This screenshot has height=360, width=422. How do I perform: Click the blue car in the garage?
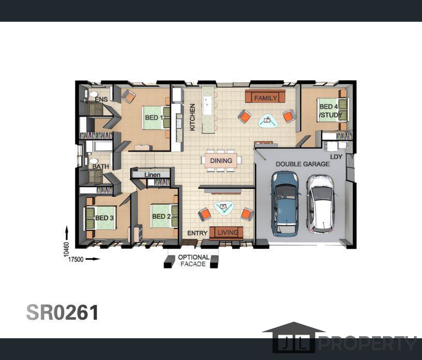pos(285,204)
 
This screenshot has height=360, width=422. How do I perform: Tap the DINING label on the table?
pos(221,161)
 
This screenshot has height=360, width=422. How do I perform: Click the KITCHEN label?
pos(192,117)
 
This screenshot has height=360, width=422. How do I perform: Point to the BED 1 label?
pos(154,117)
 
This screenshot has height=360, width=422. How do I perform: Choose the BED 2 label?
pos(161,217)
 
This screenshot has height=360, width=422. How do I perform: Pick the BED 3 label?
pos(104,218)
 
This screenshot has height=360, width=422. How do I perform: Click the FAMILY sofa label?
pos(266,98)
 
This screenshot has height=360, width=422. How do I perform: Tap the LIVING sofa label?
pos(228,232)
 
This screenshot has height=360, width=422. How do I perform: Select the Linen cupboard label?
pos(153,175)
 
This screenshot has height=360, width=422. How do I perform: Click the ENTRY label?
pos(197,233)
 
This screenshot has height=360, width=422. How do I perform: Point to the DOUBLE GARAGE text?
pos(303,164)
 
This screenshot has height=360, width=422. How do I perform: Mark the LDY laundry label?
pos(336,157)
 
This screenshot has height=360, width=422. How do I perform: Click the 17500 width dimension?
pos(76,260)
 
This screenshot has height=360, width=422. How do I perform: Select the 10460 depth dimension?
pos(67,249)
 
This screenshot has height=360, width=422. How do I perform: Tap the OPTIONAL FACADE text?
pos(193,261)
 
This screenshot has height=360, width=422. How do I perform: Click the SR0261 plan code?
pos(63,312)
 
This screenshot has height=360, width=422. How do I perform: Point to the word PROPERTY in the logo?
pos(368,343)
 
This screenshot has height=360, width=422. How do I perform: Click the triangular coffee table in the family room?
pos(268,121)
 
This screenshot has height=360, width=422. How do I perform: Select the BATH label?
pos(101,167)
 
